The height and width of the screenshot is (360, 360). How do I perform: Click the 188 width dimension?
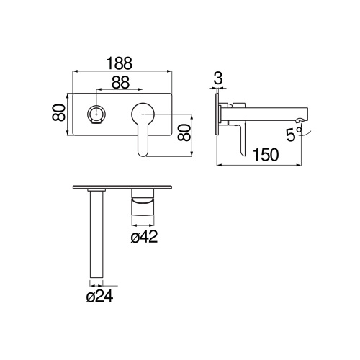click(x=122, y=63)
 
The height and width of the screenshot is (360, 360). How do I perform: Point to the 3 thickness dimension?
click(x=217, y=78)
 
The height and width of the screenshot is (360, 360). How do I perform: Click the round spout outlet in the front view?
click(x=95, y=113)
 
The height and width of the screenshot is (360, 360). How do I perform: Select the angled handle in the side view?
click(x=240, y=137)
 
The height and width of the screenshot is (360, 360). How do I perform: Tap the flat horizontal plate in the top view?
click(x=122, y=189)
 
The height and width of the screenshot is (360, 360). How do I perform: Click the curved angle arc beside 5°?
click(x=302, y=130)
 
